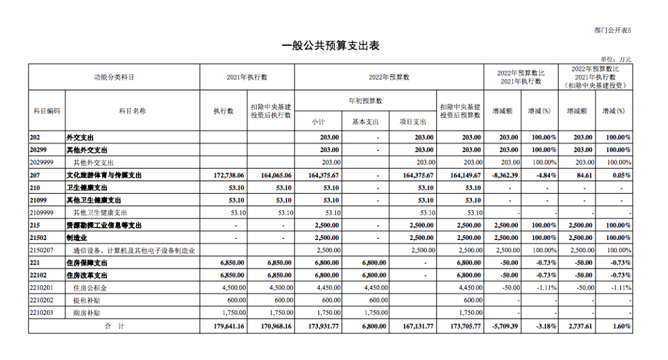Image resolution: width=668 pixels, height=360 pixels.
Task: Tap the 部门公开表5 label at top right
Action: [613, 29]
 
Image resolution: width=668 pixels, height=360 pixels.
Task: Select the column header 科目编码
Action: [46, 111]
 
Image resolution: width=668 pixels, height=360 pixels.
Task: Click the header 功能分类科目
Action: [114, 77]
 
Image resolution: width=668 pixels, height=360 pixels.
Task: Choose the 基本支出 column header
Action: [365, 122]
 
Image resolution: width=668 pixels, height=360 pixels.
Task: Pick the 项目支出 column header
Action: [413, 122]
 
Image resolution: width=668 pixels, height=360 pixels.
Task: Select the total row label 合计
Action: [114, 326]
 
